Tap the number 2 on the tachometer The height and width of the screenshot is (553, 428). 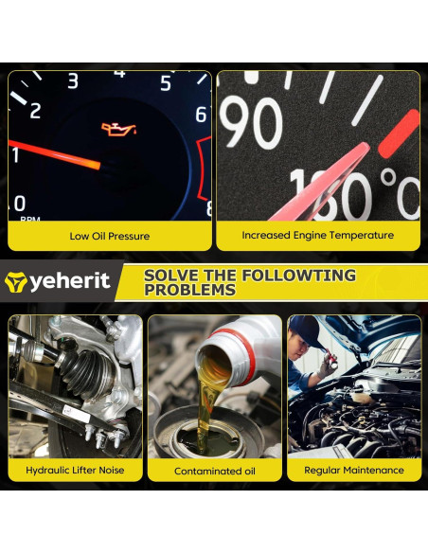pos(35,111)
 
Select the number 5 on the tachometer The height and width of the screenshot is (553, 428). pos(165,84)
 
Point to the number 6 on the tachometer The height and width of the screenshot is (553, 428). pos(200,115)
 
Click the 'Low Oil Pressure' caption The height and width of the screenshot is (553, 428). pos(110,236)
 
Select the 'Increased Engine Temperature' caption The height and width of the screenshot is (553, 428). pos(317,236)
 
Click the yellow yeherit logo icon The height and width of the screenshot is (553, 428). pos(15,281)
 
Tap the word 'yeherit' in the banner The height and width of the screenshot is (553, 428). pos(69,281)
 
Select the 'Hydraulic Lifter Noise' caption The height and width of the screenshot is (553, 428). pos(75,470)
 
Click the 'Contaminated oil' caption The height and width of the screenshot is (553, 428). pos(214,471)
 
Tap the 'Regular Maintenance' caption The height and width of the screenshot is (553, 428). pos(353,470)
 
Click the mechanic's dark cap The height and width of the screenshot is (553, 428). pos(310,327)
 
